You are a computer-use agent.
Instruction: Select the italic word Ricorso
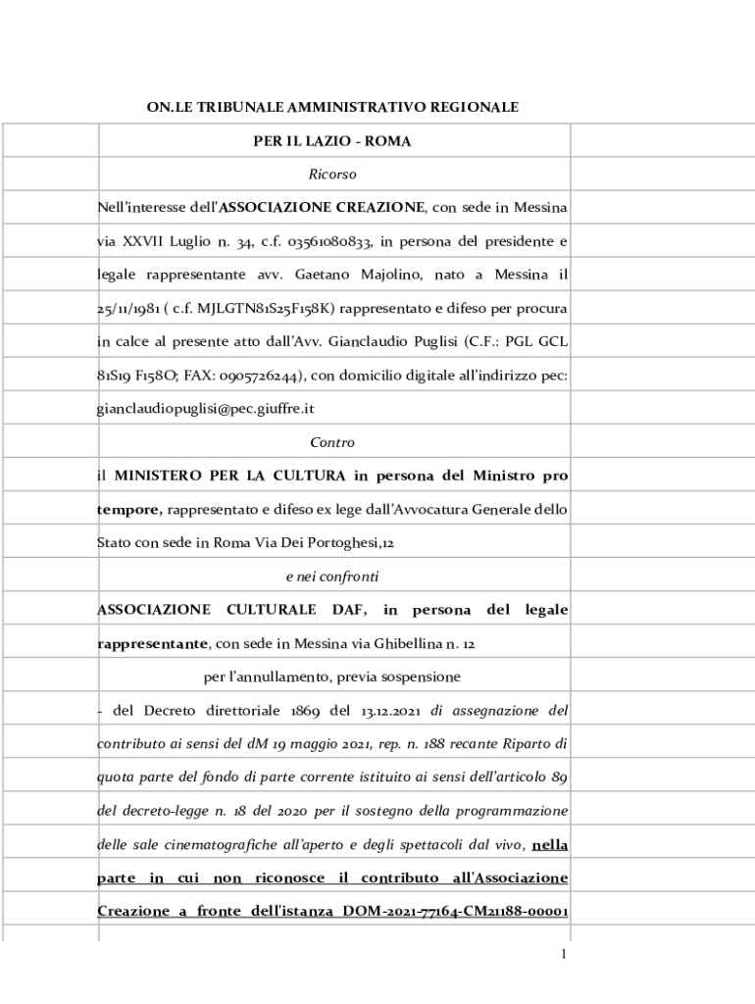[332, 175]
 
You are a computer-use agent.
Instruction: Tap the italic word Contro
[332, 442]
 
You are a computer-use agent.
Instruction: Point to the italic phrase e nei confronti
[332, 577]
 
